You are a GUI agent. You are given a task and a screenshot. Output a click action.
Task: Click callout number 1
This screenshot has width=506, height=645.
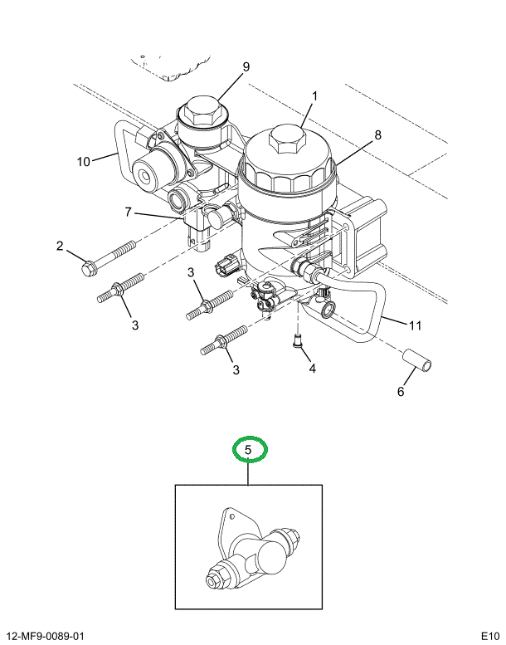click(315, 96)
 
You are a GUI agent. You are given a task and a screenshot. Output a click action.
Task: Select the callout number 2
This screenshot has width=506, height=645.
click(60, 246)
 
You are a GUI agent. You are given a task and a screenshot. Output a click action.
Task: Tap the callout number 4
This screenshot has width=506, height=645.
click(312, 368)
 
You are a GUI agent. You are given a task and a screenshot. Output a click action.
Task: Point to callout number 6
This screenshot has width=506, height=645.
click(400, 392)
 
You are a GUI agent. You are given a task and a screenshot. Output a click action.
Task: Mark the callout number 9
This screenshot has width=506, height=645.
click(246, 68)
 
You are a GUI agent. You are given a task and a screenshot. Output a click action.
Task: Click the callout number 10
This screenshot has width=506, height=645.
click(83, 162)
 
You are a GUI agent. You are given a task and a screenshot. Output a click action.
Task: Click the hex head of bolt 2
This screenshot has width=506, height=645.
click(89, 268)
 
